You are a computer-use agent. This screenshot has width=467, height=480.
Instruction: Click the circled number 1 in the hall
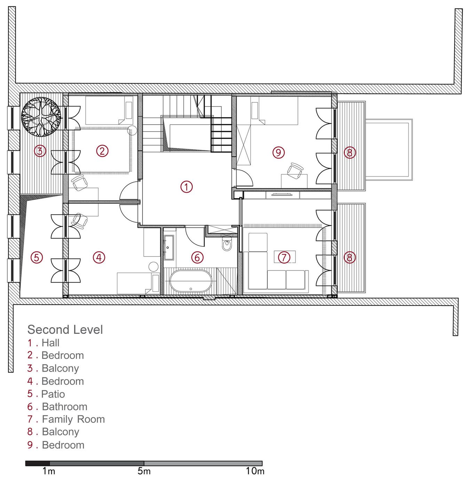[186, 187]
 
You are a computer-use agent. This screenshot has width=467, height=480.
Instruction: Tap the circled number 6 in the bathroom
[197, 258]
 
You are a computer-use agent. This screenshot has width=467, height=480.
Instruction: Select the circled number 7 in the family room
[284, 257]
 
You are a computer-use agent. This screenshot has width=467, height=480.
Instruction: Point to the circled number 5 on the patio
[37, 258]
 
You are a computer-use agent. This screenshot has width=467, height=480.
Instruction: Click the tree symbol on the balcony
[41, 117]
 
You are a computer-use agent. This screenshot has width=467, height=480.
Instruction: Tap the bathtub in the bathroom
[191, 281]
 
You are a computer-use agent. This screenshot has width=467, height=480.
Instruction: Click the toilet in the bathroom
[227, 244]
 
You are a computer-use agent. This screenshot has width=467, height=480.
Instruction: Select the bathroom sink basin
[169, 247]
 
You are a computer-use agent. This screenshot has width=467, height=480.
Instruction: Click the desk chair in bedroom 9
[295, 171]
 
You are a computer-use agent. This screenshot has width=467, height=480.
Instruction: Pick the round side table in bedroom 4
[154, 267]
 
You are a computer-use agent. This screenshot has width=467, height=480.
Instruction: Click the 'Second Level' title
[65, 330]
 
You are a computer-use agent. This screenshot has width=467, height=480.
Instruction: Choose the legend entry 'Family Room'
[73, 419]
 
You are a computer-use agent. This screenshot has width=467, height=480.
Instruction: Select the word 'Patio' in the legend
[53, 394]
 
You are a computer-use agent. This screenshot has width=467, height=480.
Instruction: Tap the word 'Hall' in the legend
[50, 343]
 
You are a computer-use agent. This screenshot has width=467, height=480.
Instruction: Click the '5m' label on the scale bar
[144, 471]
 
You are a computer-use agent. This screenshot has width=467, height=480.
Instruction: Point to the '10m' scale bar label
[255, 471]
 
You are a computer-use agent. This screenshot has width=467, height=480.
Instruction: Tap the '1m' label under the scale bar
[49, 471]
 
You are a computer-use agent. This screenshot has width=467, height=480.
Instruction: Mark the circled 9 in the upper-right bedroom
[278, 152]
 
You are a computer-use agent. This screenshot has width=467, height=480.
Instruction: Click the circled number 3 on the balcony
[40, 151]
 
